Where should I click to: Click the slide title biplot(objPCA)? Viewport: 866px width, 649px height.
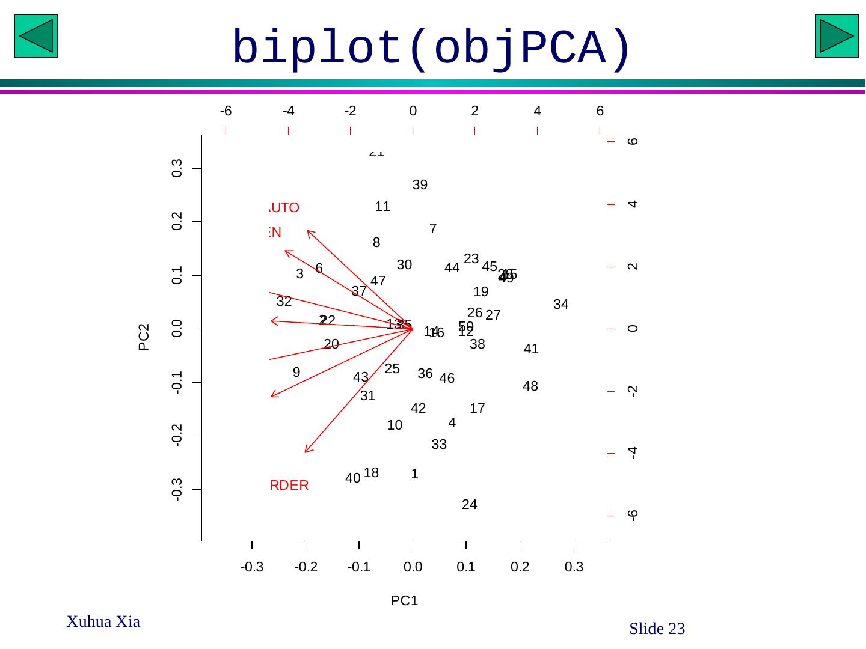tap(432, 48)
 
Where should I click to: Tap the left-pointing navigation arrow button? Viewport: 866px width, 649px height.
tap(36, 36)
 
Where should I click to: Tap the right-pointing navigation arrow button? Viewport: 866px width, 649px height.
tap(837, 36)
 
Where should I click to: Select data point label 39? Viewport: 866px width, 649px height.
tap(420, 185)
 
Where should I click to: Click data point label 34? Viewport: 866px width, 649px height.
tap(560, 305)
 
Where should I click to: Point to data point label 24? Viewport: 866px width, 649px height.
tap(469, 505)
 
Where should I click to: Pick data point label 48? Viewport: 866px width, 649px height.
tap(530, 386)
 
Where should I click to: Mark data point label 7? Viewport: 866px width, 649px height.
tap(433, 229)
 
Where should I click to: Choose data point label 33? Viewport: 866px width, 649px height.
tap(439, 445)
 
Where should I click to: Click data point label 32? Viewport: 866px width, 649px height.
tap(284, 302)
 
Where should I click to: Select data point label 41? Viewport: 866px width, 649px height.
tap(531, 349)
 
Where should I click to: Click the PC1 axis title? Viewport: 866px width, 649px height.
tap(404, 600)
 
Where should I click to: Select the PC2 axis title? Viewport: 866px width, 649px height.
tap(144, 337)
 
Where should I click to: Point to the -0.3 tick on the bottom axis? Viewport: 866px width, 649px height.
tap(252, 567)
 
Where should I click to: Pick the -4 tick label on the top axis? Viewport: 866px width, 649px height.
tap(288, 111)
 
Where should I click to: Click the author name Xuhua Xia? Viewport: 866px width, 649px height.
tap(103, 622)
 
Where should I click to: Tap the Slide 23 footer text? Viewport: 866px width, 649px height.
tap(657, 629)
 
